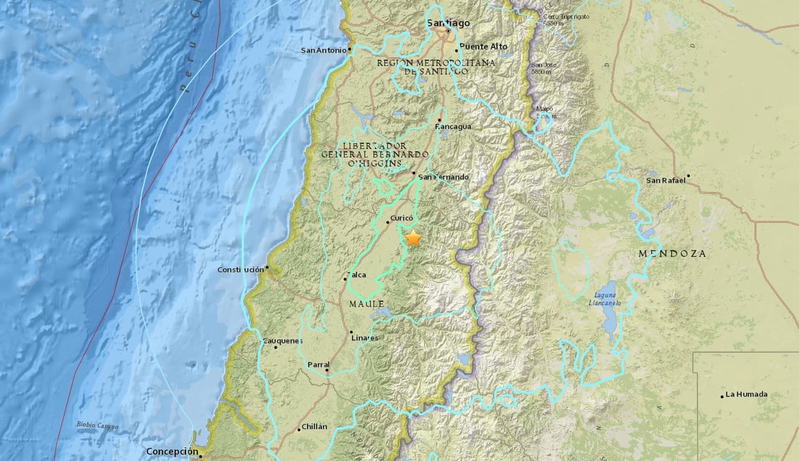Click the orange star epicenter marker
413,238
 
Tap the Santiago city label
448,23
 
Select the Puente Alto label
484,47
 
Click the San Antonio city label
323,51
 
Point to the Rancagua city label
453,127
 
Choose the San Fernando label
443,177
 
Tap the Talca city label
358,274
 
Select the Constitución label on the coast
240,269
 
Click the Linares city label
365,338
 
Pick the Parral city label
318,365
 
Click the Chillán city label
314,427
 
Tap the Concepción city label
172,452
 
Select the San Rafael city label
665,180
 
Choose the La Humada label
747,395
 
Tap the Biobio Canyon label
97,425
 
